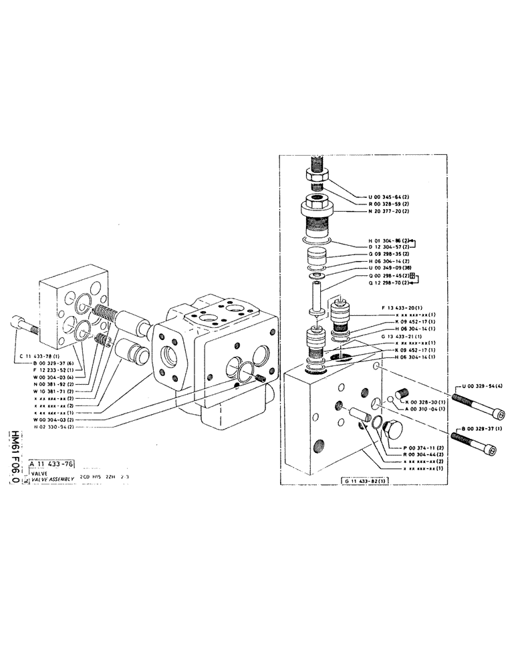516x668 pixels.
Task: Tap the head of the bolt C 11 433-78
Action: pyautogui.click(x=15, y=324)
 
